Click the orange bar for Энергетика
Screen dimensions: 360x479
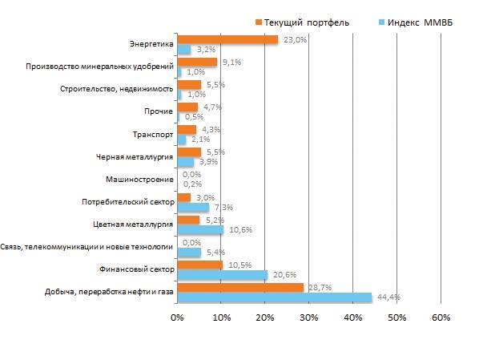point(227,39)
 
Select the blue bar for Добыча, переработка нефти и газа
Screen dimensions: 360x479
point(275,297)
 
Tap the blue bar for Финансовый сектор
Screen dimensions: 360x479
point(222,275)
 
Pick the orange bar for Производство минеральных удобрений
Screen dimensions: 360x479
point(197,62)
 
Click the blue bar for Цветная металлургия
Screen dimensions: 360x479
point(200,230)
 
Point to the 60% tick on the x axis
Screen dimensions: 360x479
point(441,318)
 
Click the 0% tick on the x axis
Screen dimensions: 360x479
point(177,318)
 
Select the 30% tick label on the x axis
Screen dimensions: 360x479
point(309,318)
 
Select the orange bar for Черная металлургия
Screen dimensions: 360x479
point(189,152)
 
